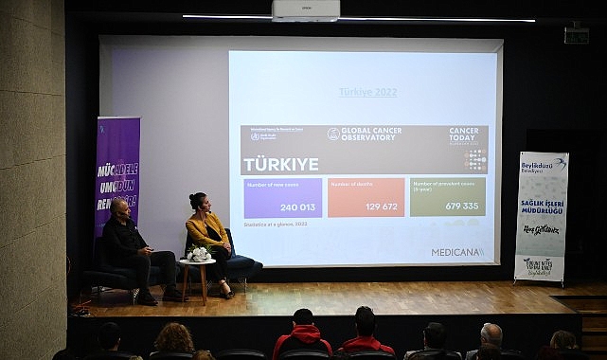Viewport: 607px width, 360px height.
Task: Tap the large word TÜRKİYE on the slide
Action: pos(280,164)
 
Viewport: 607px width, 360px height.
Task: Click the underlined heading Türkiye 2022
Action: pos(367,92)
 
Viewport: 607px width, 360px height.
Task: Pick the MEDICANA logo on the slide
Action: pos(457,252)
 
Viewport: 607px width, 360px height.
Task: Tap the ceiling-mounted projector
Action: pos(305,10)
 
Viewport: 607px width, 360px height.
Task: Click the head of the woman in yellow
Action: pos(198,202)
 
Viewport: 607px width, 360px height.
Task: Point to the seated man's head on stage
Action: pos(119,208)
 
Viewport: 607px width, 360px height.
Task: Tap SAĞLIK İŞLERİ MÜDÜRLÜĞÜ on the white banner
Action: pos(542,208)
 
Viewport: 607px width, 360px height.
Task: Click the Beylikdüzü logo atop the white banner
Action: pos(543,165)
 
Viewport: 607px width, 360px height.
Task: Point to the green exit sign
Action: pos(576,35)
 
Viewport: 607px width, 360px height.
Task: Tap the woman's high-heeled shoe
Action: pos(227,294)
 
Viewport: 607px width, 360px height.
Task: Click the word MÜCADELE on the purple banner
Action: pos(118,171)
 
